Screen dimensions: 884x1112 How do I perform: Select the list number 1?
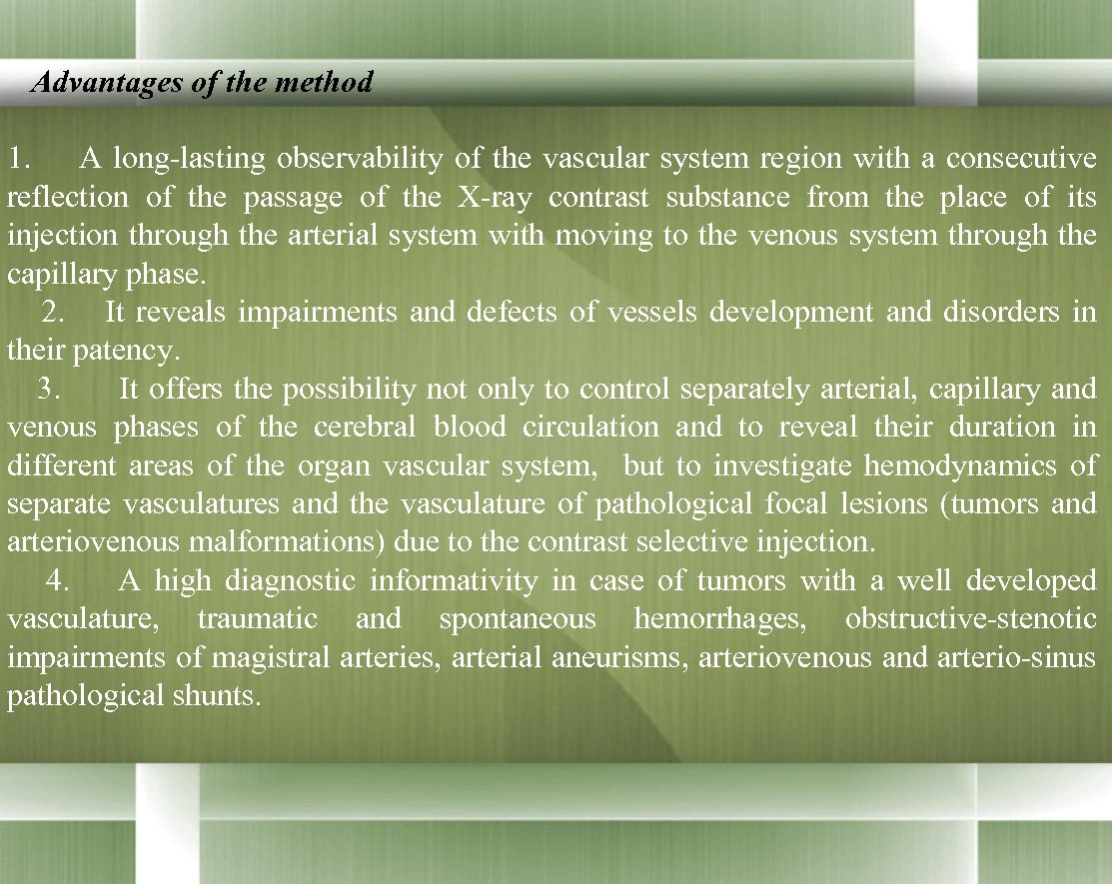(x=20, y=159)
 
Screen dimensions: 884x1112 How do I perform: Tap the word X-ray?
(x=494, y=197)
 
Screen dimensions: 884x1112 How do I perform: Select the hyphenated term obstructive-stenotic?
(x=969, y=619)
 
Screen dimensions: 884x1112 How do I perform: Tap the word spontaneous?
(x=517, y=619)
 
